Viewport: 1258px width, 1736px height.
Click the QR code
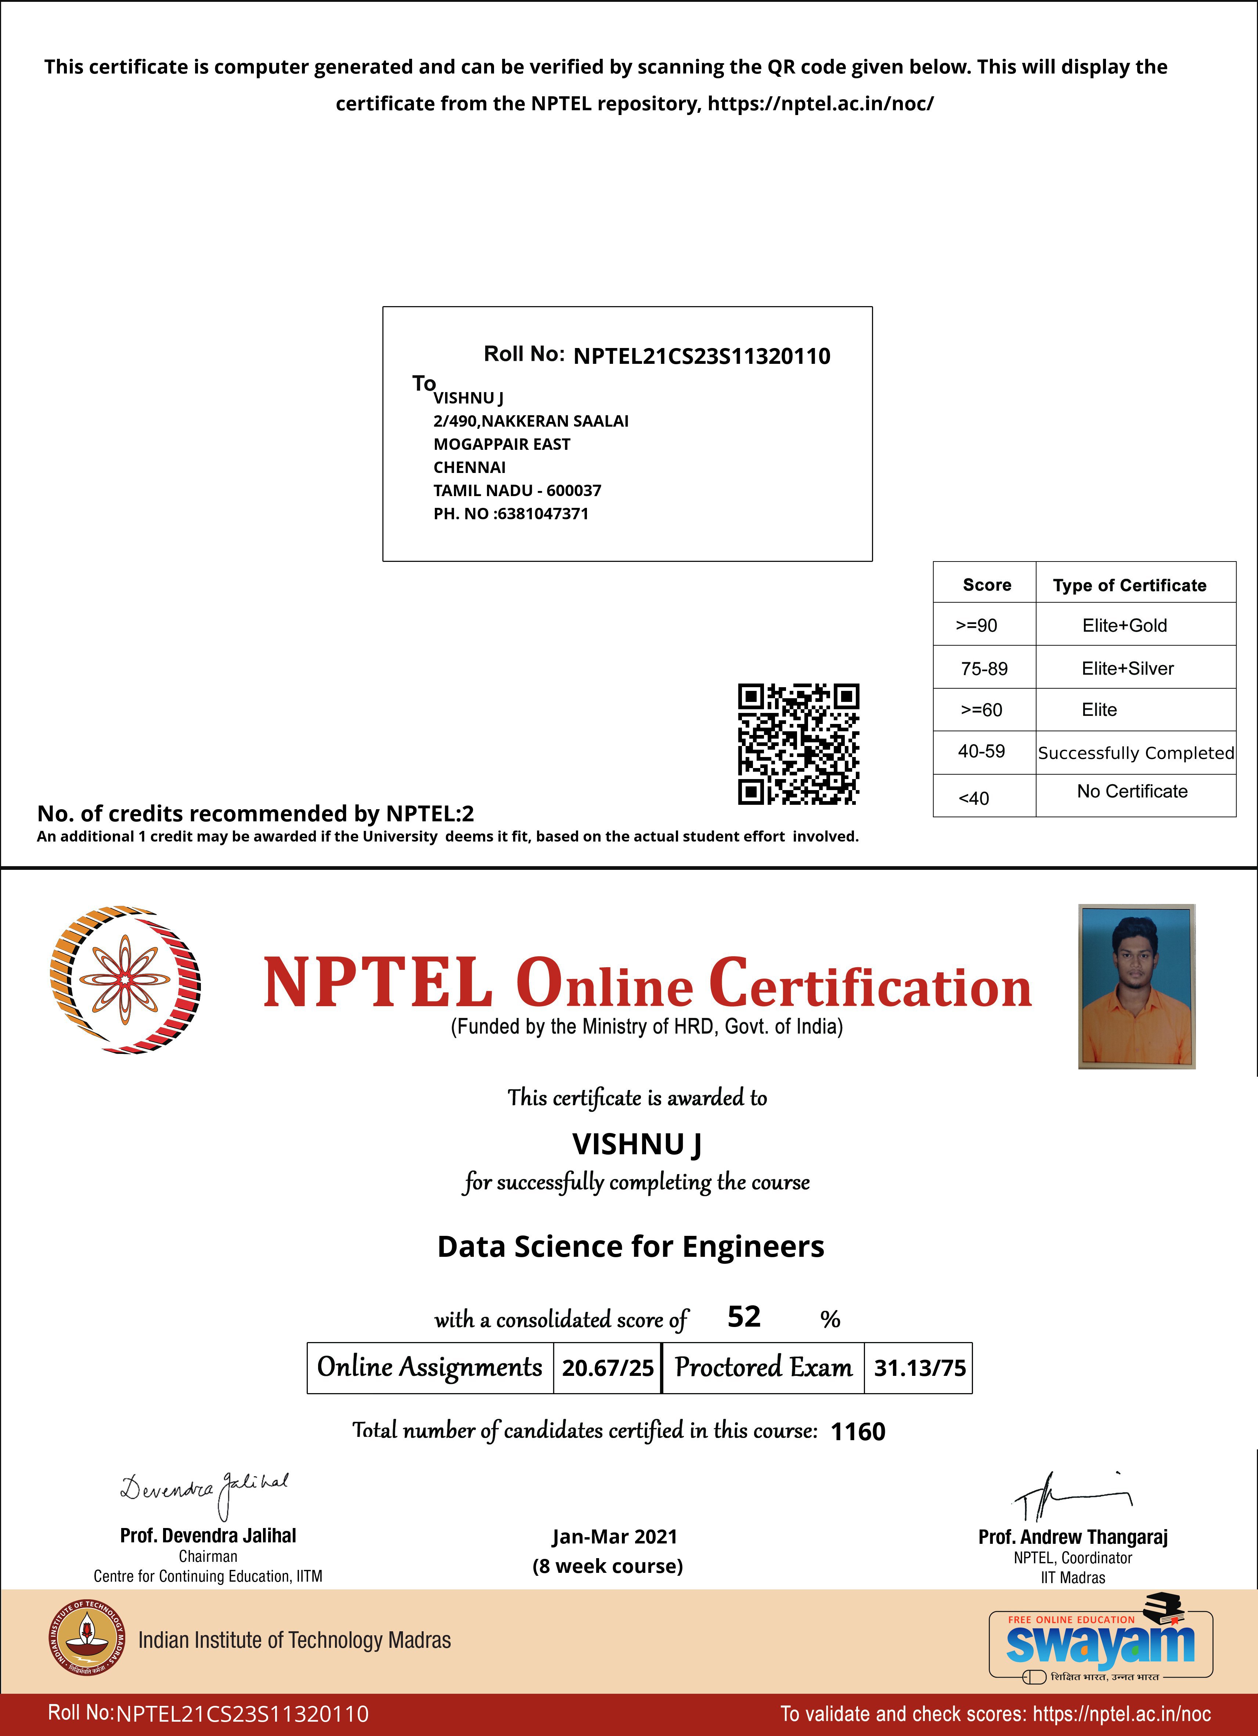coord(798,744)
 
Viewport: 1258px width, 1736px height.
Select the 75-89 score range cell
coord(984,668)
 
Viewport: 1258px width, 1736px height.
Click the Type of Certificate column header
coord(1129,585)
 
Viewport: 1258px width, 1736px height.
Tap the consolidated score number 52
coord(744,1317)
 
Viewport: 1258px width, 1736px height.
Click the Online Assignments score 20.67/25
coord(608,1368)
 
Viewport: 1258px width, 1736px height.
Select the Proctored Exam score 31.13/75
coord(920,1368)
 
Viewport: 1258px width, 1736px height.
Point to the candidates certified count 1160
coord(858,1431)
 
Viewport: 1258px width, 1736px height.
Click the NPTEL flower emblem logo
coord(125,980)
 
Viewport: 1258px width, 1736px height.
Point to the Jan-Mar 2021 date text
coord(614,1536)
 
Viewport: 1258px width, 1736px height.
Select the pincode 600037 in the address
coord(574,491)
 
